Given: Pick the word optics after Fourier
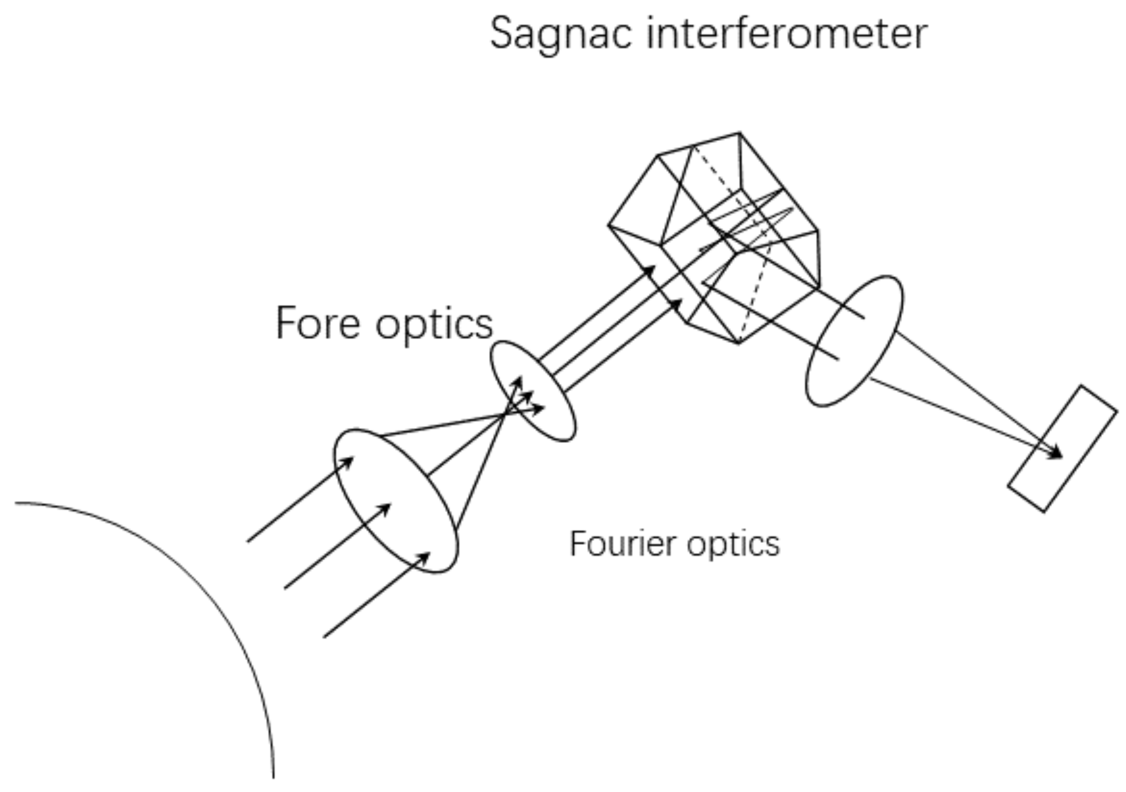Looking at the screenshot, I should [x=733, y=544].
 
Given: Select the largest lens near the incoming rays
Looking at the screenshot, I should [x=396, y=501].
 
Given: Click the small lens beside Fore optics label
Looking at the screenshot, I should [x=533, y=391].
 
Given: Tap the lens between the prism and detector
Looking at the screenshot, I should [x=854, y=341].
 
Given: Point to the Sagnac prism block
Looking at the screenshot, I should [x=713, y=238].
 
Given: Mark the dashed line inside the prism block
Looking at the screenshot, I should [x=758, y=275].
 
